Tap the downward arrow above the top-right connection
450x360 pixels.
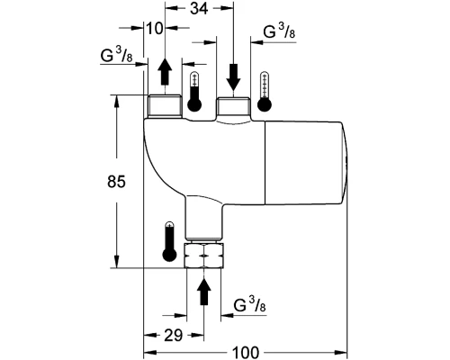[234, 75]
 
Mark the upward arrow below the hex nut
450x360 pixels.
[204, 292]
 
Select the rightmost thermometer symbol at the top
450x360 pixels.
[265, 93]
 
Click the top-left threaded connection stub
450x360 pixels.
[163, 108]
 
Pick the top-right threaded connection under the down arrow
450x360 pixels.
[234, 110]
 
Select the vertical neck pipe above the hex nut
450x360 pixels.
[204, 218]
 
